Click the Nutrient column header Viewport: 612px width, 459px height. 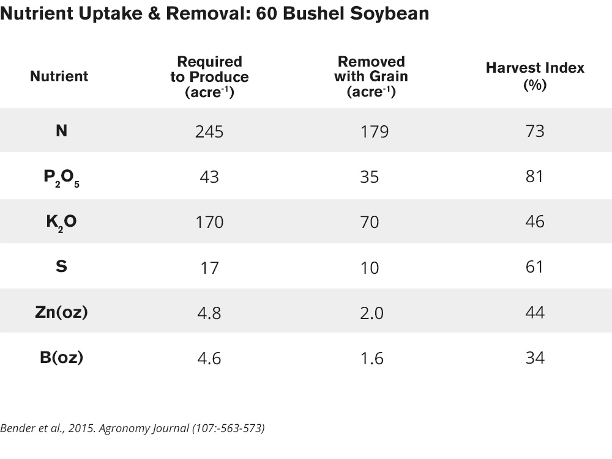click(59, 76)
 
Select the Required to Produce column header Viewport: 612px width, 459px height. click(209, 77)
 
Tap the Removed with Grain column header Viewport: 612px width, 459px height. click(371, 77)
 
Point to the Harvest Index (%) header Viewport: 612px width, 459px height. click(535, 76)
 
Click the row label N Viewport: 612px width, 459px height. click(61, 130)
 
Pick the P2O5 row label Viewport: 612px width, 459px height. click(61, 177)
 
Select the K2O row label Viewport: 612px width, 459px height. click(61, 221)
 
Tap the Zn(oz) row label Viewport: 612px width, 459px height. click(61, 312)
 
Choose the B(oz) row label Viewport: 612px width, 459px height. click(61, 358)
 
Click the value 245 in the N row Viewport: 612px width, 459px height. click(209, 131)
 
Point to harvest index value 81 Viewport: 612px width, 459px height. click(535, 177)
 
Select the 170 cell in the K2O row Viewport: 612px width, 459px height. click(209, 222)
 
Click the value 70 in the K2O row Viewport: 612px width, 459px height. click(370, 222)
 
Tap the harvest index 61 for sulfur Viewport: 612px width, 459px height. click(535, 267)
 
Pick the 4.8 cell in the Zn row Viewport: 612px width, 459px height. click(209, 313)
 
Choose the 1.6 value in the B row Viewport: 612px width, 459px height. click(371, 358)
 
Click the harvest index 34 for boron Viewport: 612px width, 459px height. click(535, 358)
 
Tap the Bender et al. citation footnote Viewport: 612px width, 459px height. click(132, 428)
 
